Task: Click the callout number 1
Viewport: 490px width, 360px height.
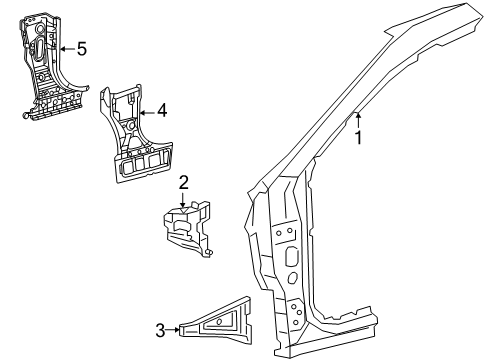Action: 358,138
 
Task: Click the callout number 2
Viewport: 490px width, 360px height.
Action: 184,181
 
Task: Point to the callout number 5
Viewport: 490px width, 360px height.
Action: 81,47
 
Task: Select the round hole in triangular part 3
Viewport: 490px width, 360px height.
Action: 212,319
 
